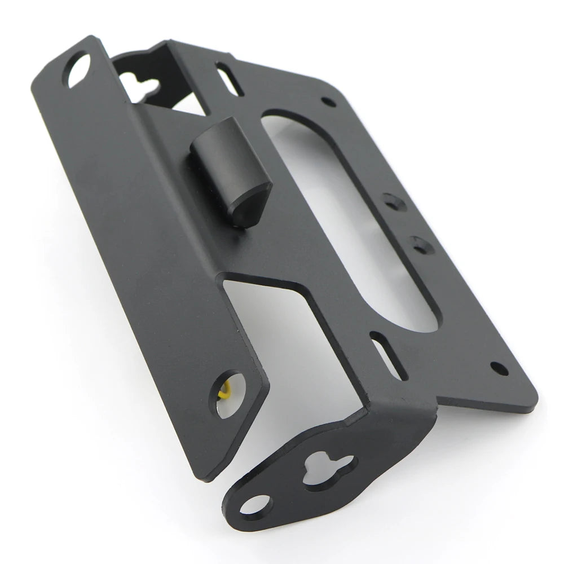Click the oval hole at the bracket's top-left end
click(78, 70)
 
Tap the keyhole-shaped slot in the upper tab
click(139, 86)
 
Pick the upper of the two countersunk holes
click(394, 202)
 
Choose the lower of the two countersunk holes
click(421, 245)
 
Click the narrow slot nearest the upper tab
click(230, 80)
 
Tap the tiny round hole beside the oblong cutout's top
click(328, 102)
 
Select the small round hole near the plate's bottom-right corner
click(499, 368)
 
